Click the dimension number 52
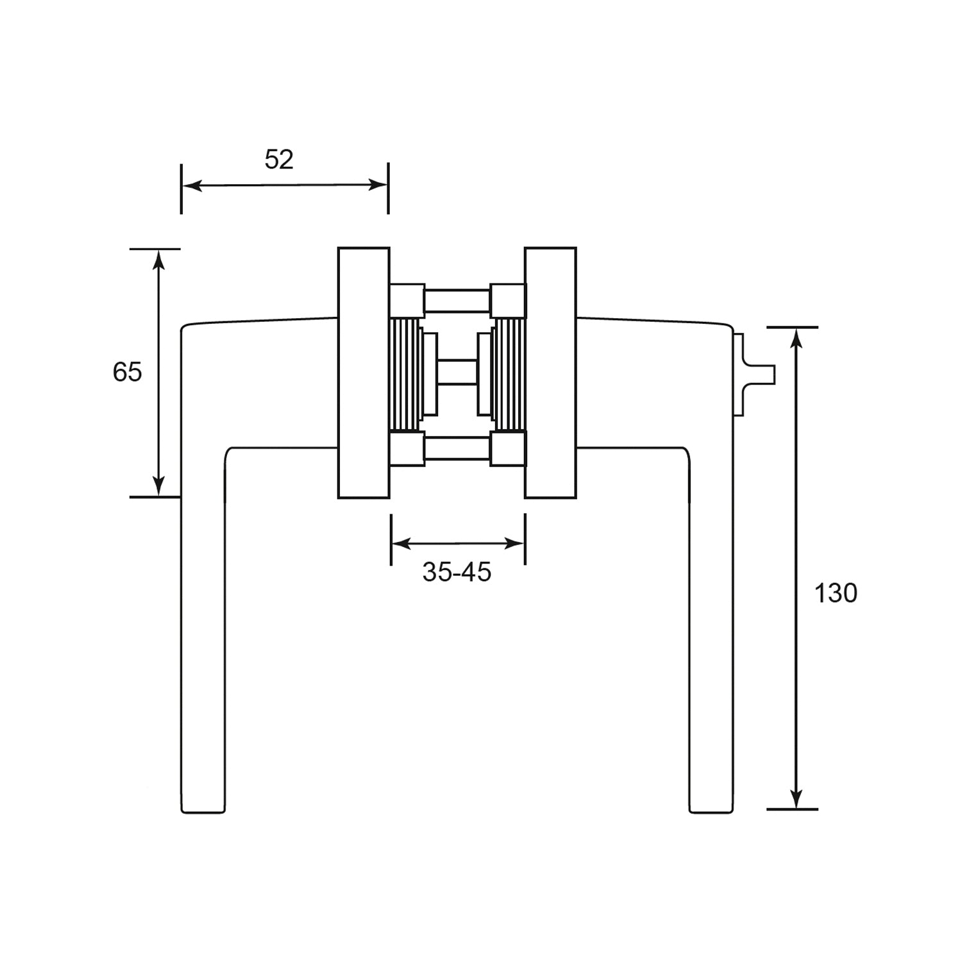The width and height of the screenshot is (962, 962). tap(279, 159)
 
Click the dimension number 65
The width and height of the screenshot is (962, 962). tap(127, 372)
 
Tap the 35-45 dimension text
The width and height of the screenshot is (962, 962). tap(457, 572)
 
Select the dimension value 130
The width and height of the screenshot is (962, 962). tap(836, 594)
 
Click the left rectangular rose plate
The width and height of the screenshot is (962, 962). tap(364, 373)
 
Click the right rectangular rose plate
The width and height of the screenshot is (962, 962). tap(550, 373)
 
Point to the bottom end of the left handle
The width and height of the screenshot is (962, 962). tap(203, 813)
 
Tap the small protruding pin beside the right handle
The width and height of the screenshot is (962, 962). tap(755, 374)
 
